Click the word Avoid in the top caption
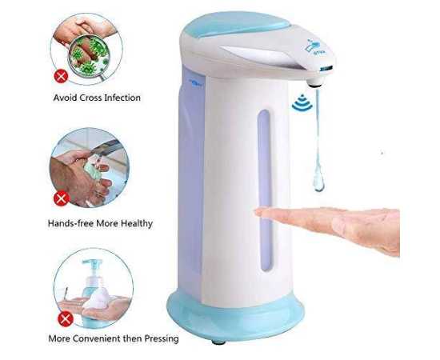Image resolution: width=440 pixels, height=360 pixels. (x=65, y=98)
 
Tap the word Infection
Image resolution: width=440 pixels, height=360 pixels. (x=122, y=98)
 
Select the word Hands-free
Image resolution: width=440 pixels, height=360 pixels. (x=70, y=223)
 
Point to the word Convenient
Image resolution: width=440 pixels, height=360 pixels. (x=98, y=338)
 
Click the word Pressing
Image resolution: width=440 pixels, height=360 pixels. (x=162, y=338)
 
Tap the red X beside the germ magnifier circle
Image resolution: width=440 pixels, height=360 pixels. (x=61, y=76)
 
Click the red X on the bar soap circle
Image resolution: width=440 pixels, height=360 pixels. (x=62, y=199)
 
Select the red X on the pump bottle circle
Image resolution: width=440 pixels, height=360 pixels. (x=66, y=318)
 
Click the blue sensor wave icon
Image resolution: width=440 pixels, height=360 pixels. (x=302, y=102)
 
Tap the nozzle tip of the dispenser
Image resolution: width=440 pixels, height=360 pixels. (x=314, y=82)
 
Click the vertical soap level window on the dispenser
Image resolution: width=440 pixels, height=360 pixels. (x=265, y=190)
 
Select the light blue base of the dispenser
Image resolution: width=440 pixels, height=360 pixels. (x=235, y=317)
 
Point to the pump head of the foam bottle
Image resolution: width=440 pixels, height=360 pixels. (x=92, y=265)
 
